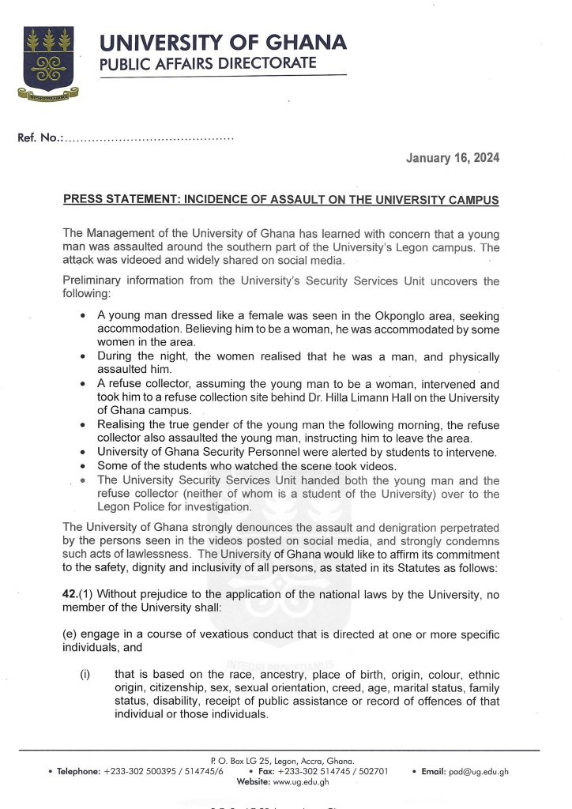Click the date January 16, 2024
(x=452, y=158)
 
